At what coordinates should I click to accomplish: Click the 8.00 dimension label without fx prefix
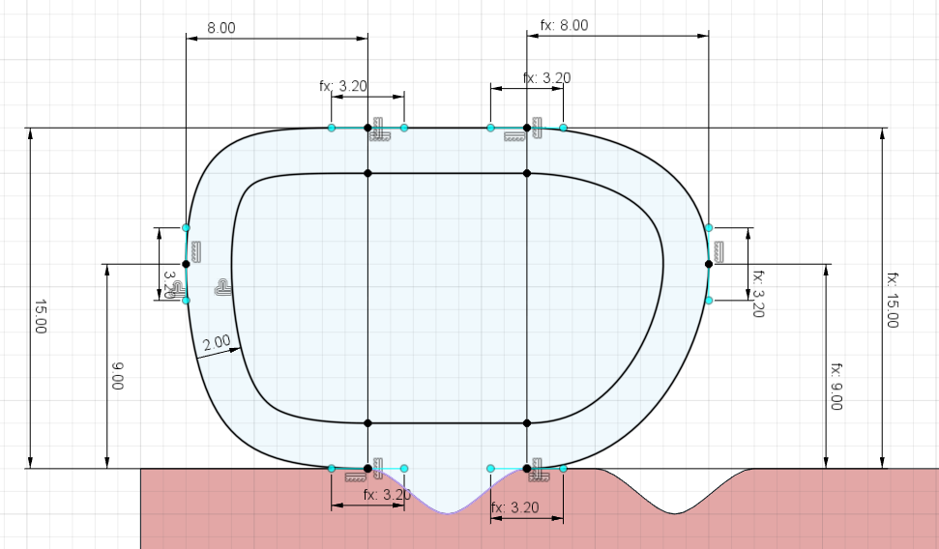[221, 28]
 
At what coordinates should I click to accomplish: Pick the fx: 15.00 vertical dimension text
[892, 300]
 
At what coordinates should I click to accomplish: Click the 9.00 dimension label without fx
[116, 375]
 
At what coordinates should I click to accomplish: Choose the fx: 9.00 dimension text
[836, 387]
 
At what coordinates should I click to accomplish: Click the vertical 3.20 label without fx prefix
[171, 285]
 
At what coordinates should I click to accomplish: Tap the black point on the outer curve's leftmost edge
[186, 264]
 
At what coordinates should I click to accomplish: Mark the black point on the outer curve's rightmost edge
[708, 264]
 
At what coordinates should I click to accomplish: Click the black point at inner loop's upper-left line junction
[367, 173]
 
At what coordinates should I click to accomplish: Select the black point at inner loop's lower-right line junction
[527, 422]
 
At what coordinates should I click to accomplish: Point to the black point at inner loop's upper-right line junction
[527, 173]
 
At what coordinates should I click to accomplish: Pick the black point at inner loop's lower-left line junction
[367, 422]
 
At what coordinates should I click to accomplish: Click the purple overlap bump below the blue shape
[447, 498]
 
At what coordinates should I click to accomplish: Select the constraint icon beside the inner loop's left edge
[222, 287]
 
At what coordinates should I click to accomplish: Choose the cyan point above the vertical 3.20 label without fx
[186, 228]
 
